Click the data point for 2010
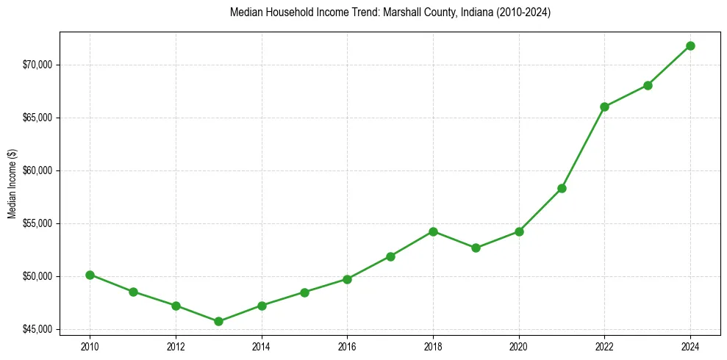coord(90,275)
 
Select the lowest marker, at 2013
coord(218,321)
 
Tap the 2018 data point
coord(433,231)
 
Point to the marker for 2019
coord(476,248)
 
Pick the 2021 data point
coord(562,188)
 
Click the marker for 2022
coord(604,107)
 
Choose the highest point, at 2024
coord(690,46)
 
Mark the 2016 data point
coord(347,279)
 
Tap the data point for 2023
coord(648,85)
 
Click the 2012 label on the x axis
coord(176,345)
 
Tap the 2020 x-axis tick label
coord(519,345)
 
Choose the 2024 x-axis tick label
coord(690,345)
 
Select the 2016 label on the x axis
coord(347,345)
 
